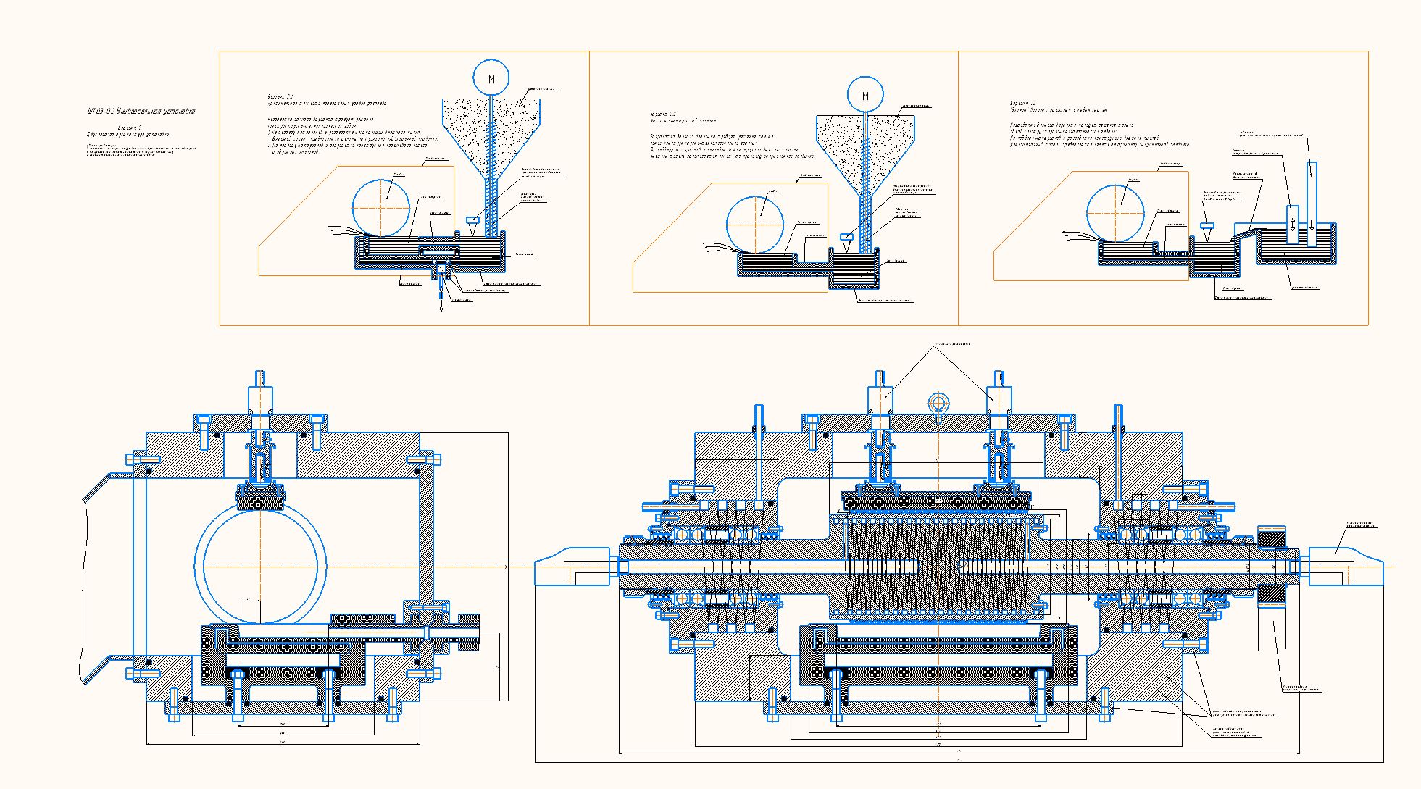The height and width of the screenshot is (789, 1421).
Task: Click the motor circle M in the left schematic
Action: click(x=491, y=78)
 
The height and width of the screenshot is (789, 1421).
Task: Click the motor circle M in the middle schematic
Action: click(x=865, y=96)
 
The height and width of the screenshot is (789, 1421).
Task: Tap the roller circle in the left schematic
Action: click(x=382, y=207)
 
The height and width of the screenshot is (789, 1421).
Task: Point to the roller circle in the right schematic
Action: click(x=1115, y=212)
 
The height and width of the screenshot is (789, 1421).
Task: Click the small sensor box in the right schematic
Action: click(x=1206, y=225)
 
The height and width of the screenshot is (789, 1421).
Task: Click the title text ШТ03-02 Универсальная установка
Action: click(x=141, y=112)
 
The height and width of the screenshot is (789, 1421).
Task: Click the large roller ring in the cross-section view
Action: click(x=260, y=565)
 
